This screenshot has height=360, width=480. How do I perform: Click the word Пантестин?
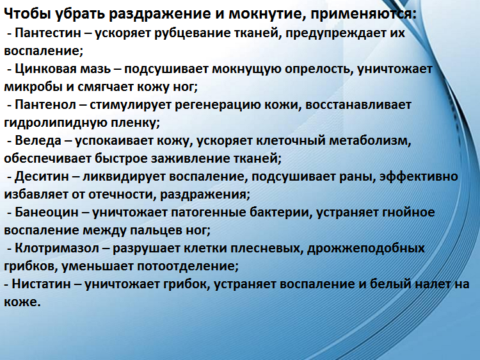click(45, 32)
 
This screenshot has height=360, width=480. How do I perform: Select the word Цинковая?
click(43, 69)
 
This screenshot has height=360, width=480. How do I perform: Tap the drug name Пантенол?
click(42, 104)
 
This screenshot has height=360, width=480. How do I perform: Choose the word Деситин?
click(39, 176)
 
